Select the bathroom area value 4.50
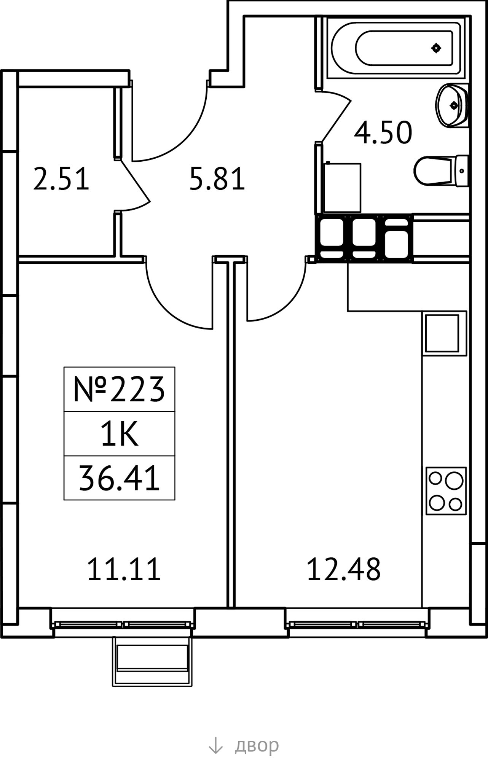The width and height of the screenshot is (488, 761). [x=383, y=132]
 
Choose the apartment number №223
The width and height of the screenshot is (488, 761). [x=119, y=389]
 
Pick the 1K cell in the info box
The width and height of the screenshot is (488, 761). [x=119, y=433]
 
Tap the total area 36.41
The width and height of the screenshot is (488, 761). [x=119, y=478]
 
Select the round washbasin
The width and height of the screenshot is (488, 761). [x=452, y=105]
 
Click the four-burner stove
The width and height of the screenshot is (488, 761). [x=446, y=491]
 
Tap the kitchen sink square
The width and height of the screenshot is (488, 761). [x=444, y=333]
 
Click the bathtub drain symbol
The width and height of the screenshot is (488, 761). [x=436, y=48]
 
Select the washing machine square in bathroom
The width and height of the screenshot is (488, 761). [x=342, y=187]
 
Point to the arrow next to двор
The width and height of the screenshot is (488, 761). [x=215, y=745]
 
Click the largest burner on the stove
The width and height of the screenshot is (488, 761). [x=453, y=481]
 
